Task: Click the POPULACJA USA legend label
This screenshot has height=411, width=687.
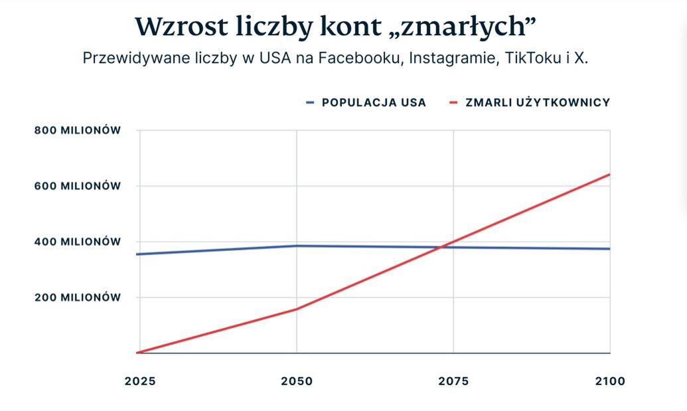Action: (374, 103)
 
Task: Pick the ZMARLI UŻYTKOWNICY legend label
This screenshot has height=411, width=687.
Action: (538, 103)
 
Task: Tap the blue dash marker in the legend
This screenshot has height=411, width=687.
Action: (310, 103)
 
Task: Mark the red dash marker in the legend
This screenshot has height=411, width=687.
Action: (454, 103)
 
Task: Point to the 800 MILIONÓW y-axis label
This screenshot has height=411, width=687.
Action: (78, 130)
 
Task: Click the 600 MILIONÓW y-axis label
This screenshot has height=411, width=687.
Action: (78, 186)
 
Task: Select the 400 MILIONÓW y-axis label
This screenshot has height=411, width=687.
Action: (78, 242)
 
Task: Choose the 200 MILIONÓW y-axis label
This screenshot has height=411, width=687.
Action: (78, 297)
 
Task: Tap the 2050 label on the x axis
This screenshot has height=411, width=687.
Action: (296, 381)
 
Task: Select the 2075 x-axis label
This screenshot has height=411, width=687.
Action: (453, 381)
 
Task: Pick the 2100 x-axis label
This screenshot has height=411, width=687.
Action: (610, 381)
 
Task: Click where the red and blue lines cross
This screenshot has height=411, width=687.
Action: (443, 247)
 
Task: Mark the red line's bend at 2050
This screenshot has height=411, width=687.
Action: (297, 309)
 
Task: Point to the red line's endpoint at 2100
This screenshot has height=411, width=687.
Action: (609, 175)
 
